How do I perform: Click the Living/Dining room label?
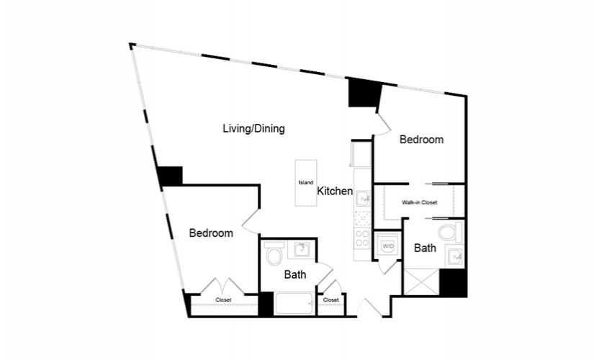click(253, 128)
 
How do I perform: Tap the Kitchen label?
click(335, 191)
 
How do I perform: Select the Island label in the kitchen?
click(306, 183)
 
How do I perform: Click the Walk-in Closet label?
click(419, 202)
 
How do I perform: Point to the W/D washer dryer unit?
click(387, 246)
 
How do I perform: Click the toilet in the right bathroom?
click(450, 233)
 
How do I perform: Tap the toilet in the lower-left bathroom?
click(274, 253)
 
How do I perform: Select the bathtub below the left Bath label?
click(294, 303)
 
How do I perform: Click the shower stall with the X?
click(422, 282)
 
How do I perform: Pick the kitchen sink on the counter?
click(363, 198)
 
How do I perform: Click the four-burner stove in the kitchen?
click(362, 238)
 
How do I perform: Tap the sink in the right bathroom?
click(454, 256)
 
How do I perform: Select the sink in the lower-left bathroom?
click(302, 250)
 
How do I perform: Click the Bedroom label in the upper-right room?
click(421, 140)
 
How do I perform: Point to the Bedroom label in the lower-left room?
click(211, 233)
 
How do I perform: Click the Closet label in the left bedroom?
click(223, 300)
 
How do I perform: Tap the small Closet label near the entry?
click(331, 300)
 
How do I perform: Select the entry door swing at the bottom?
click(369, 307)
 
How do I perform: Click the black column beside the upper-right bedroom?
click(364, 92)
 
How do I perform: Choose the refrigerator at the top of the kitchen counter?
click(361, 153)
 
